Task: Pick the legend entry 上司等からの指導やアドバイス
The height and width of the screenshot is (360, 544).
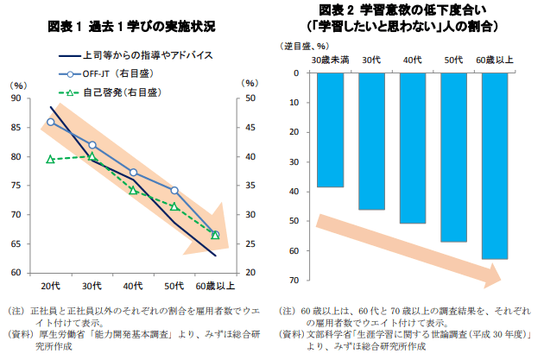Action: pyautogui.click(x=147, y=55)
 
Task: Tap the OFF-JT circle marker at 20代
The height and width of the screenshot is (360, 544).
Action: pyautogui.click(x=50, y=122)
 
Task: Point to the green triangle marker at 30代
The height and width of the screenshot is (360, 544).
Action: pyautogui.click(x=92, y=156)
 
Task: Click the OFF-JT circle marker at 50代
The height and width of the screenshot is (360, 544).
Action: pyautogui.click(x=174, y=190)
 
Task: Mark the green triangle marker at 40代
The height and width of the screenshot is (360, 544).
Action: pyautogui.click(x=133, y=190)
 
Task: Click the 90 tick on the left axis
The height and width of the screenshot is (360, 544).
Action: pyautogui.click(x=16, y=98)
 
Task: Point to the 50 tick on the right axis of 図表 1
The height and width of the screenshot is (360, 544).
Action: pyautogui.click(x=249, y=98)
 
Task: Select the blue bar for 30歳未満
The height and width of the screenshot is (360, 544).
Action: pyautogui.click(x=330, y=129)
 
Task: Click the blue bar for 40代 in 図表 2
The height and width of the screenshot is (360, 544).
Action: pyautogui.click(x=413, y=148)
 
